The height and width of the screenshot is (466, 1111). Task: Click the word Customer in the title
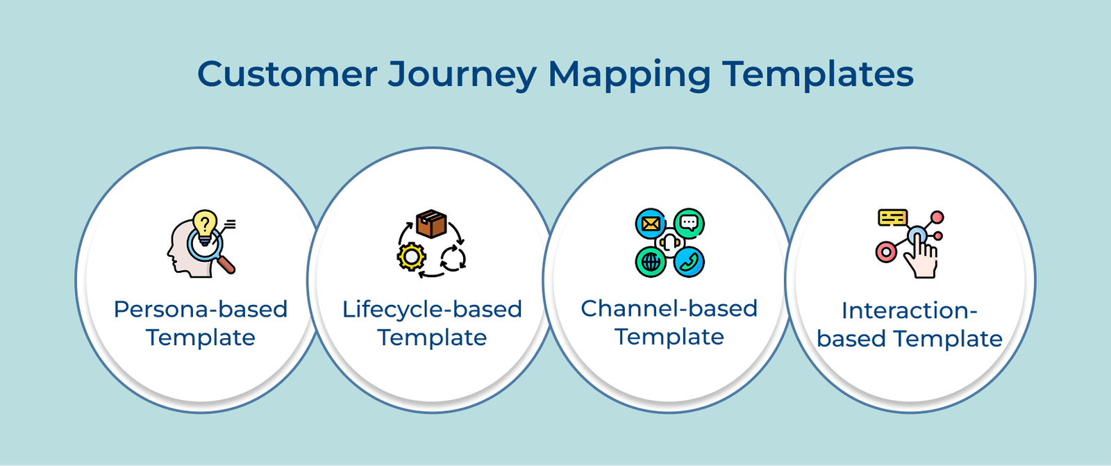point(287,74)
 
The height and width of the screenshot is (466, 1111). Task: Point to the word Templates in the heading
point(818,74)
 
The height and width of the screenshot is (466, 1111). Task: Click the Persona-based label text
point(201,309)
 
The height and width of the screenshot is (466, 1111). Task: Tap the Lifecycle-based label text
point(432,309)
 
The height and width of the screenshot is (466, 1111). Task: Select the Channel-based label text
point(669,308)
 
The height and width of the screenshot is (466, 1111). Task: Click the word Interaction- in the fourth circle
point(909,310)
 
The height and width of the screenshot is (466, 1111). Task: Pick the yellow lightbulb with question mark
point(204,224)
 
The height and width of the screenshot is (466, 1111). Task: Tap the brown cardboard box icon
point(431,224)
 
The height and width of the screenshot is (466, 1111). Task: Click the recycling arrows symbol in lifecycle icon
point(453,258)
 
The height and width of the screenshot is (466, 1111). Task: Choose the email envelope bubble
point(651,224)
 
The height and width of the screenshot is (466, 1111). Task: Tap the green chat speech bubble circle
point(689,223)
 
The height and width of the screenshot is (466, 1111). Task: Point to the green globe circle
point(651,262)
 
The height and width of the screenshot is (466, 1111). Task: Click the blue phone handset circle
point(689,262)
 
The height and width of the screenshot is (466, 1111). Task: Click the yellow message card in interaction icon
point(892,217)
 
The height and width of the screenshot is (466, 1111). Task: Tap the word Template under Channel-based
point(669,337)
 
